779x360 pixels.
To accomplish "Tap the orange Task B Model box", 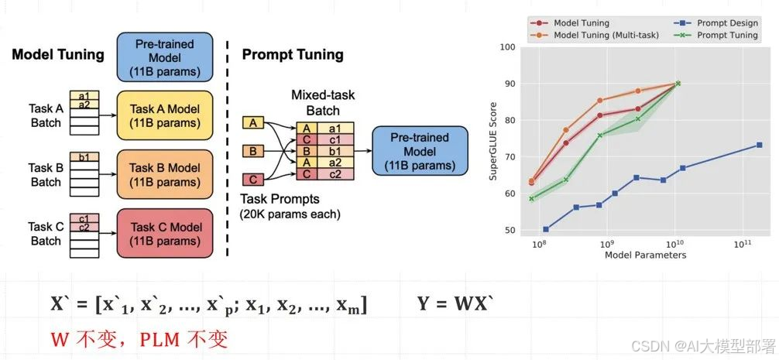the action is (x=163, y=174).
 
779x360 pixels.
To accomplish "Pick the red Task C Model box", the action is (x=163, y=233).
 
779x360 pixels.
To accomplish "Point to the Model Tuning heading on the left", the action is (x=57, y=54).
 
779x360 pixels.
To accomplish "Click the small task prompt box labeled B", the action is (x=253, y=150).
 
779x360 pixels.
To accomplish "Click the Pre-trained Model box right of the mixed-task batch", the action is (x=419, y=151).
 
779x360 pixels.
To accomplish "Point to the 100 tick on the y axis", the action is (x=508, y=47).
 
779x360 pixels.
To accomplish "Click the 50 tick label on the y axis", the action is (x=508, y=230).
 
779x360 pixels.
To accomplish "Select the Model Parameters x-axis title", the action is (x=645, y=255).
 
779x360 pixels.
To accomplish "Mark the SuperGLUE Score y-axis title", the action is (x=492, y=139).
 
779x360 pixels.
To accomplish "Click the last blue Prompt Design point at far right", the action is (x=759, y=145).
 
